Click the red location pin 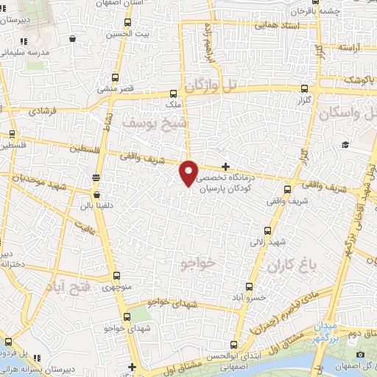tap(188, 172)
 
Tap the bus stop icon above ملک tap(173, 94)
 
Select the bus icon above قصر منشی tap(116, 77)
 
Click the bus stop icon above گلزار tap(303, 86)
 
